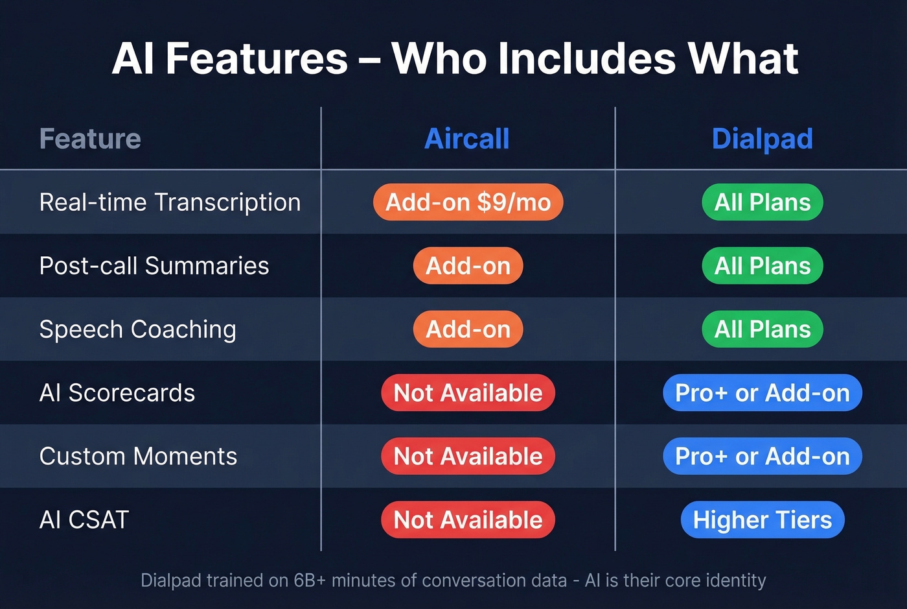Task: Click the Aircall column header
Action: (466, 139)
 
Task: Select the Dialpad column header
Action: (762, 139)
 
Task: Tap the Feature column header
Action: (90, 139)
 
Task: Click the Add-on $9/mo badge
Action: (468, 202)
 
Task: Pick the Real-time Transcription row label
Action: (170, 202)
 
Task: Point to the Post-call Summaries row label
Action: (154, 266)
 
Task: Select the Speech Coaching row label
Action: (137, 329)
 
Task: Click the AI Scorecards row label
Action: (117, 393)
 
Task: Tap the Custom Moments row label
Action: (138, 457)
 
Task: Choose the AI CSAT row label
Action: (84, 520)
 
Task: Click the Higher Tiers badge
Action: (762, 520)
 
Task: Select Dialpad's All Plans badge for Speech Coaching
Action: (762, 329)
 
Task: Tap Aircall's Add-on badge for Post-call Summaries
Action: (468, 266)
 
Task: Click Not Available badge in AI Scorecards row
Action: (468, 393)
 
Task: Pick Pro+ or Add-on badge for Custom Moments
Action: (762, 457)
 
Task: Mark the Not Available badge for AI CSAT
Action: (468, 520)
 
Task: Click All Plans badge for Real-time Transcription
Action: (762, 202)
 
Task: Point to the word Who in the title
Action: (439, 59)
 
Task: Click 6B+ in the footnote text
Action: (309, 580)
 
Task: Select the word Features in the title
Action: (257, 59)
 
